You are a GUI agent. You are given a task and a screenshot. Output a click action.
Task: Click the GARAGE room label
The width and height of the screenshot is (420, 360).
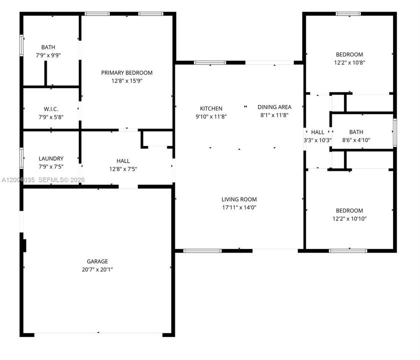[x=97, y=261]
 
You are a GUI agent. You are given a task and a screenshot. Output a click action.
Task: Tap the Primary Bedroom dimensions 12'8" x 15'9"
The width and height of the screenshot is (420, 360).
[x=127, y=80]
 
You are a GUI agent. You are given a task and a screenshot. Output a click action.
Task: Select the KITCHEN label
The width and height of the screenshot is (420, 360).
[x=211, y=108]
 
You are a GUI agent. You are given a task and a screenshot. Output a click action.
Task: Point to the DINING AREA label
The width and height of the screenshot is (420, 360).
[x=274, y=107]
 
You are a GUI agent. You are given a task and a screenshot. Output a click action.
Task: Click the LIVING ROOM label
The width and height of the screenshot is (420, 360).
[x=239, y=199]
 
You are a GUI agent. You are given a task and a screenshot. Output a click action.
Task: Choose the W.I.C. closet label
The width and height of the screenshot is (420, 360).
[x=51, y=109]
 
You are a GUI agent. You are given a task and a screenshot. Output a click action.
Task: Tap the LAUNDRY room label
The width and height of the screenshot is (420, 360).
[x=51, y=158]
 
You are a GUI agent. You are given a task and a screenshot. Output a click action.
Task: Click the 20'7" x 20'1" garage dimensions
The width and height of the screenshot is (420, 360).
[x=97, y=269]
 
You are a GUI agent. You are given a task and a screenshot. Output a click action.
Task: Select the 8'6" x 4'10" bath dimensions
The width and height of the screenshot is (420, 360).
[x=356, y=140]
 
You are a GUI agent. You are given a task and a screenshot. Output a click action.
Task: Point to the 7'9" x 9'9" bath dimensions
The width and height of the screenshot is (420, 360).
[x=48, y=55]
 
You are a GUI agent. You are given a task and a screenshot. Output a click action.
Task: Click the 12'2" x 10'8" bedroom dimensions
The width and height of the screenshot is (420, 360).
[x=349, y=62]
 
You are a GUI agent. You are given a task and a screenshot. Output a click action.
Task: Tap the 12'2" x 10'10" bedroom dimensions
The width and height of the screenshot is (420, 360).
[x=349, y=218]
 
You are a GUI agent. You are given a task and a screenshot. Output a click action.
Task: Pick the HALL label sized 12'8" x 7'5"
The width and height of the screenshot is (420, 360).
[x=123, y=161]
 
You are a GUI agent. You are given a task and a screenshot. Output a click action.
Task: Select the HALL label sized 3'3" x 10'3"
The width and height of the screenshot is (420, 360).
[x=318, y=132]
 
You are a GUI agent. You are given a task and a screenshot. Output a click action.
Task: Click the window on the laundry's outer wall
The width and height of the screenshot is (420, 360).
[x=21, y=158]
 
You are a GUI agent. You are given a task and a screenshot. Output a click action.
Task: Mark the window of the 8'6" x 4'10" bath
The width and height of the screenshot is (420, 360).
[x=395, y=132]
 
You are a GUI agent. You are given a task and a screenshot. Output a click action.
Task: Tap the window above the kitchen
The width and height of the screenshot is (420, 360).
[x=210, y=62]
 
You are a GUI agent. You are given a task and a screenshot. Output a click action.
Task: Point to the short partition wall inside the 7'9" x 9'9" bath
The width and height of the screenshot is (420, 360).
[x=45, y=73]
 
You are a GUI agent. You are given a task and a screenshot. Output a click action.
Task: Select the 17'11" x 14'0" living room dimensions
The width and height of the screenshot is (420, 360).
[x=239, y=207]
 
